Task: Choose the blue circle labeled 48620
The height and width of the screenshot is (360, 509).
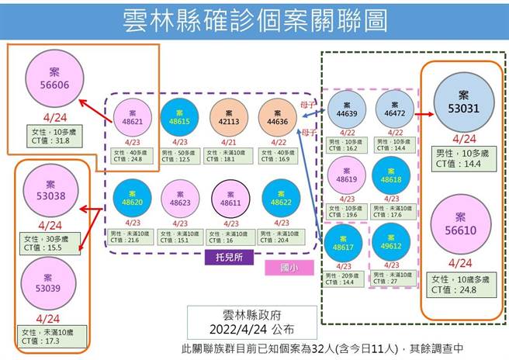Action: click(x=130, y=196)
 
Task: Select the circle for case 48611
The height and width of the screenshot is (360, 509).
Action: click(x=228, y=197)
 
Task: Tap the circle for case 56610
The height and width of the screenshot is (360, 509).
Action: click(x=462, y=225)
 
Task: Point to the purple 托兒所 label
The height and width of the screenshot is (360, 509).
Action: click(x=222, y=257)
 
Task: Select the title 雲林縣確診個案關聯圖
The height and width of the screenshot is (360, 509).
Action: click(x=255, y=21)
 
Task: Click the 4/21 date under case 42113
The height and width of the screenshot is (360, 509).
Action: click(x=228, y=142)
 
